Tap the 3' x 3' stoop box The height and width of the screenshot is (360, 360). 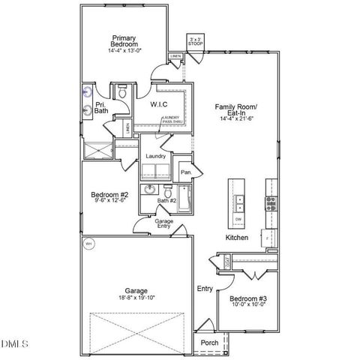coord(195,42)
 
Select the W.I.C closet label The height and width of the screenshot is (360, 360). coord(158,104)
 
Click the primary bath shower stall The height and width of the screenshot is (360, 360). coord(96,150)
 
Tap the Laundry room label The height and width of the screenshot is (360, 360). coord(155,156)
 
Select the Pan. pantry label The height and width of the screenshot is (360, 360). coord(186,172)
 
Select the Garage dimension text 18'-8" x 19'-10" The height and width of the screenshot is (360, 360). coord(136,298)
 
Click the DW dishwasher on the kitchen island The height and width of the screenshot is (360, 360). coord(238,219)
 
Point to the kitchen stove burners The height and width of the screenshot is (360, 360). coord(270,202)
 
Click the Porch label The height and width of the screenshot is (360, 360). coord(210,343)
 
